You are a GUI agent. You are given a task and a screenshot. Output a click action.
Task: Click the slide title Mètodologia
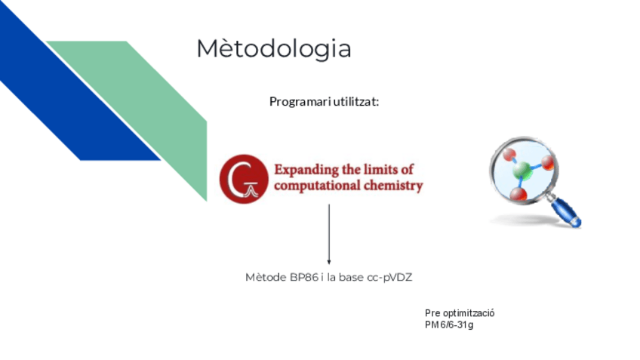pos(273,49)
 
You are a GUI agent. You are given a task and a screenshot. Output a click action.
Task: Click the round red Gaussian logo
pos(243,179)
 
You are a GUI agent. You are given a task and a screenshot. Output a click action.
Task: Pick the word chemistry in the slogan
pos(394,186)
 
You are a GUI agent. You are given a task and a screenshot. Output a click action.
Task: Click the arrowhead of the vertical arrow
pos(328,261)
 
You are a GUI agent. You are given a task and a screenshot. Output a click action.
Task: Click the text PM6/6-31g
pos(449,325)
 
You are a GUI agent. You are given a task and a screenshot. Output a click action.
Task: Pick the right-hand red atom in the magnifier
pos(546,162)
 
